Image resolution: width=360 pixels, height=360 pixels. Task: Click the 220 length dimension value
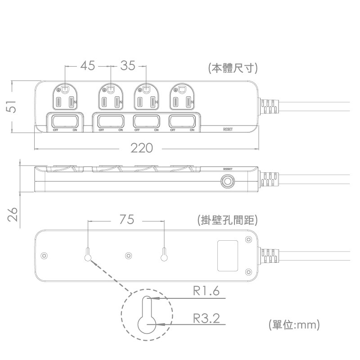coord(142,148)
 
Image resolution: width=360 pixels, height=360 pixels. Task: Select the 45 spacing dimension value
coord(88,66)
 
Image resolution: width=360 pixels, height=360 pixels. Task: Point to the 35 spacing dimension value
coord(128,66)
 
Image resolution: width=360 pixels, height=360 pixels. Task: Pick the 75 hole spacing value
coord(127,220)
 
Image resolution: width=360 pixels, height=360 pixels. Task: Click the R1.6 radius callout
coord(206,292)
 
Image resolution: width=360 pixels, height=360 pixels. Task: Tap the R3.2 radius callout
coord(207,319)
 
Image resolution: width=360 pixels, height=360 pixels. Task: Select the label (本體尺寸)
coord(233,68)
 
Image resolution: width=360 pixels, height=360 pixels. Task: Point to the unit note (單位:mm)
coord(293,324)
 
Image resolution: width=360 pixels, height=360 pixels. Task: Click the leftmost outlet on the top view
coord(65,98)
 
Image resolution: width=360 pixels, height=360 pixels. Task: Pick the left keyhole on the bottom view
coord(88,254)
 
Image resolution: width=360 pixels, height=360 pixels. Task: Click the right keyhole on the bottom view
coord(164,254)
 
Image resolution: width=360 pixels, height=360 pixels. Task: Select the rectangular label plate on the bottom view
coord(228,256)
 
